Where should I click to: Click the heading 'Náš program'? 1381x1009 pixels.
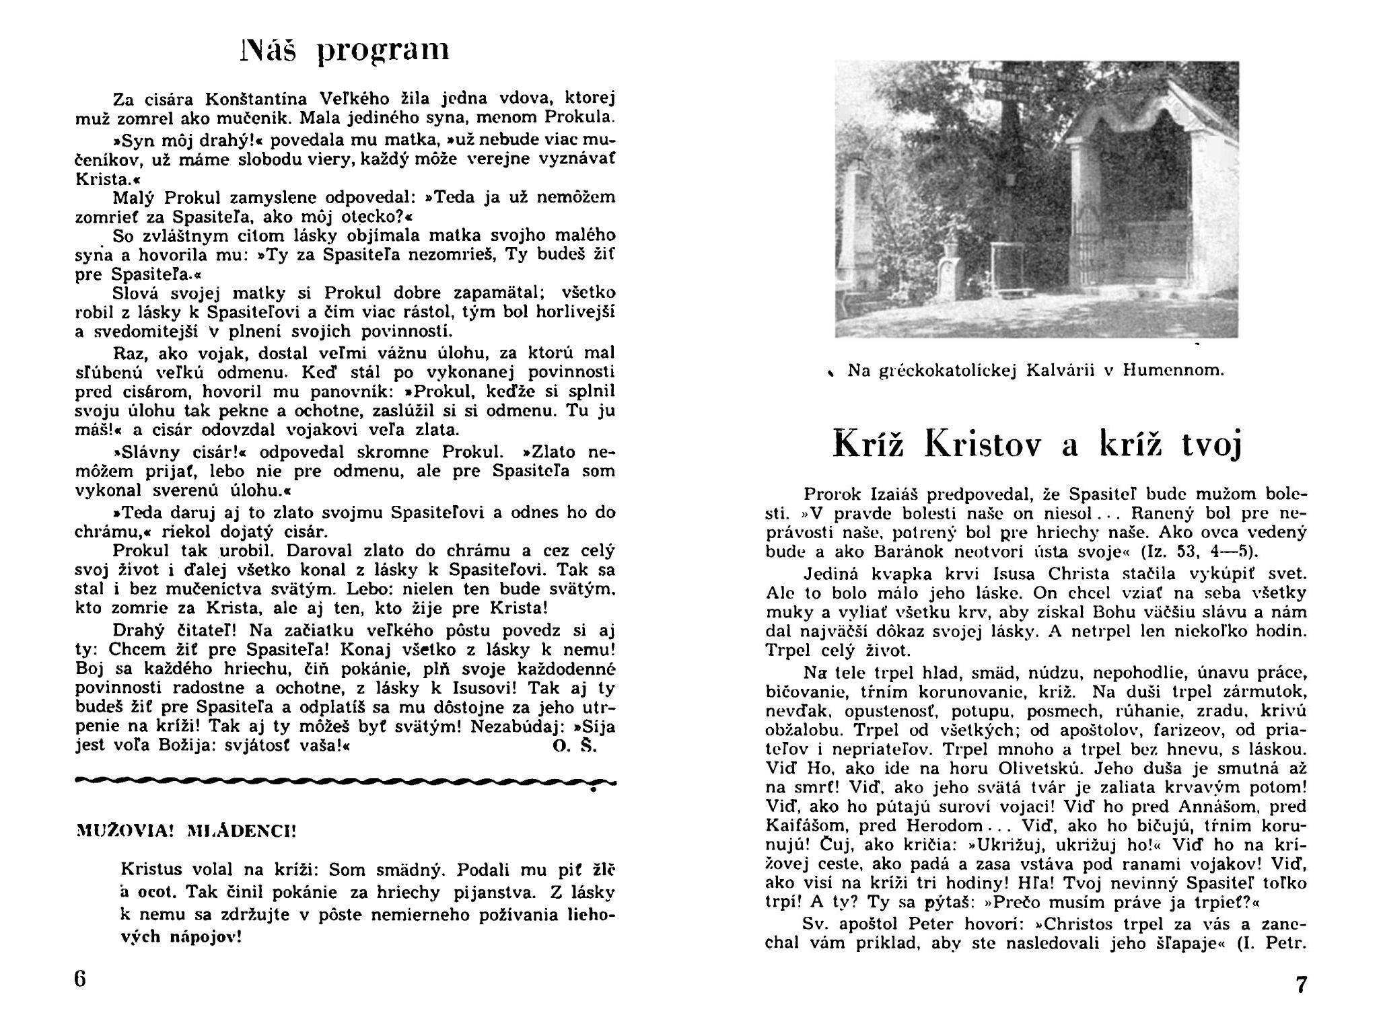(x=344, y=50)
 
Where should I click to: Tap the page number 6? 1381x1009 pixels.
(x=80, y=977)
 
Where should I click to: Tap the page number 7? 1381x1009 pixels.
(x=1301, y=984)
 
